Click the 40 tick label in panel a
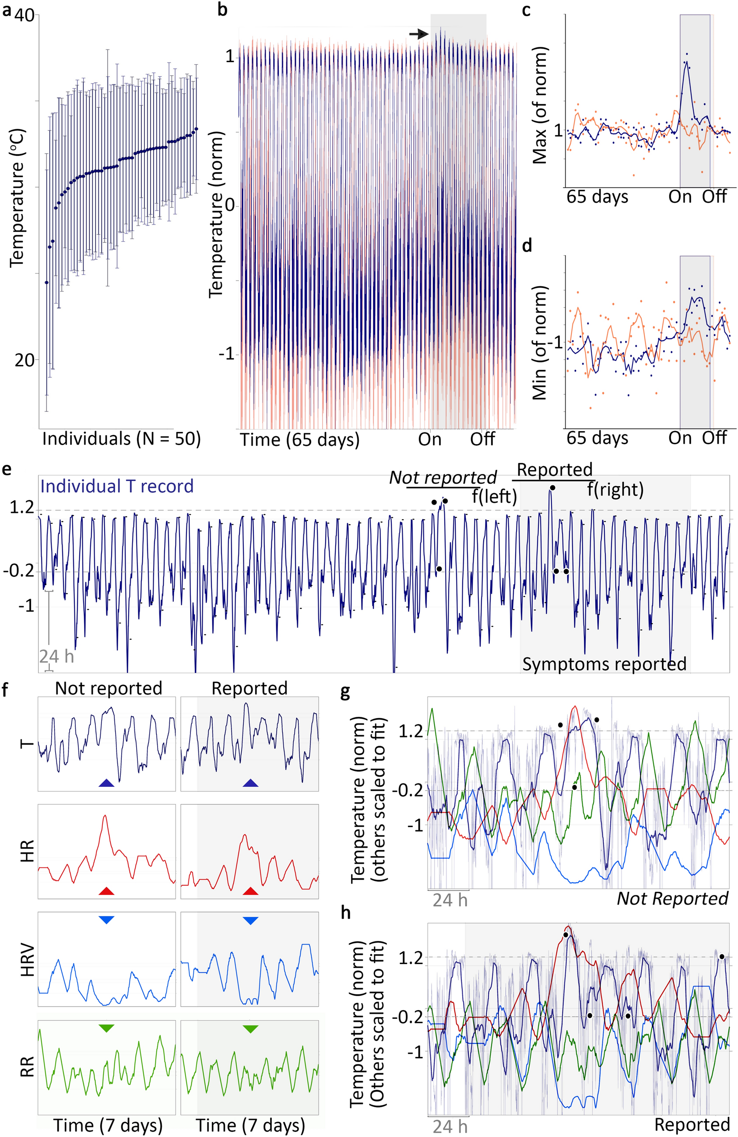[25, 16]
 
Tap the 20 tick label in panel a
[25, 360]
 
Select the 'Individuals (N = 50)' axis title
[121, 439]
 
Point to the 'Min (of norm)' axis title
[540, 343]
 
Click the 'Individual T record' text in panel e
[117, 486]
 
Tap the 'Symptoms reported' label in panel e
[604, 664]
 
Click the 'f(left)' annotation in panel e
[494, 497]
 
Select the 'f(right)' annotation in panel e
[615, 489]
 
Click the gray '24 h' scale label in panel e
[56, 656]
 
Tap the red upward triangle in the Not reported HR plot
[106, 891]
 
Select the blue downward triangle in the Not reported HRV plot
[106, 919]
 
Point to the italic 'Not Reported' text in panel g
[672, 898]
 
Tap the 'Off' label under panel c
[715, 197]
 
